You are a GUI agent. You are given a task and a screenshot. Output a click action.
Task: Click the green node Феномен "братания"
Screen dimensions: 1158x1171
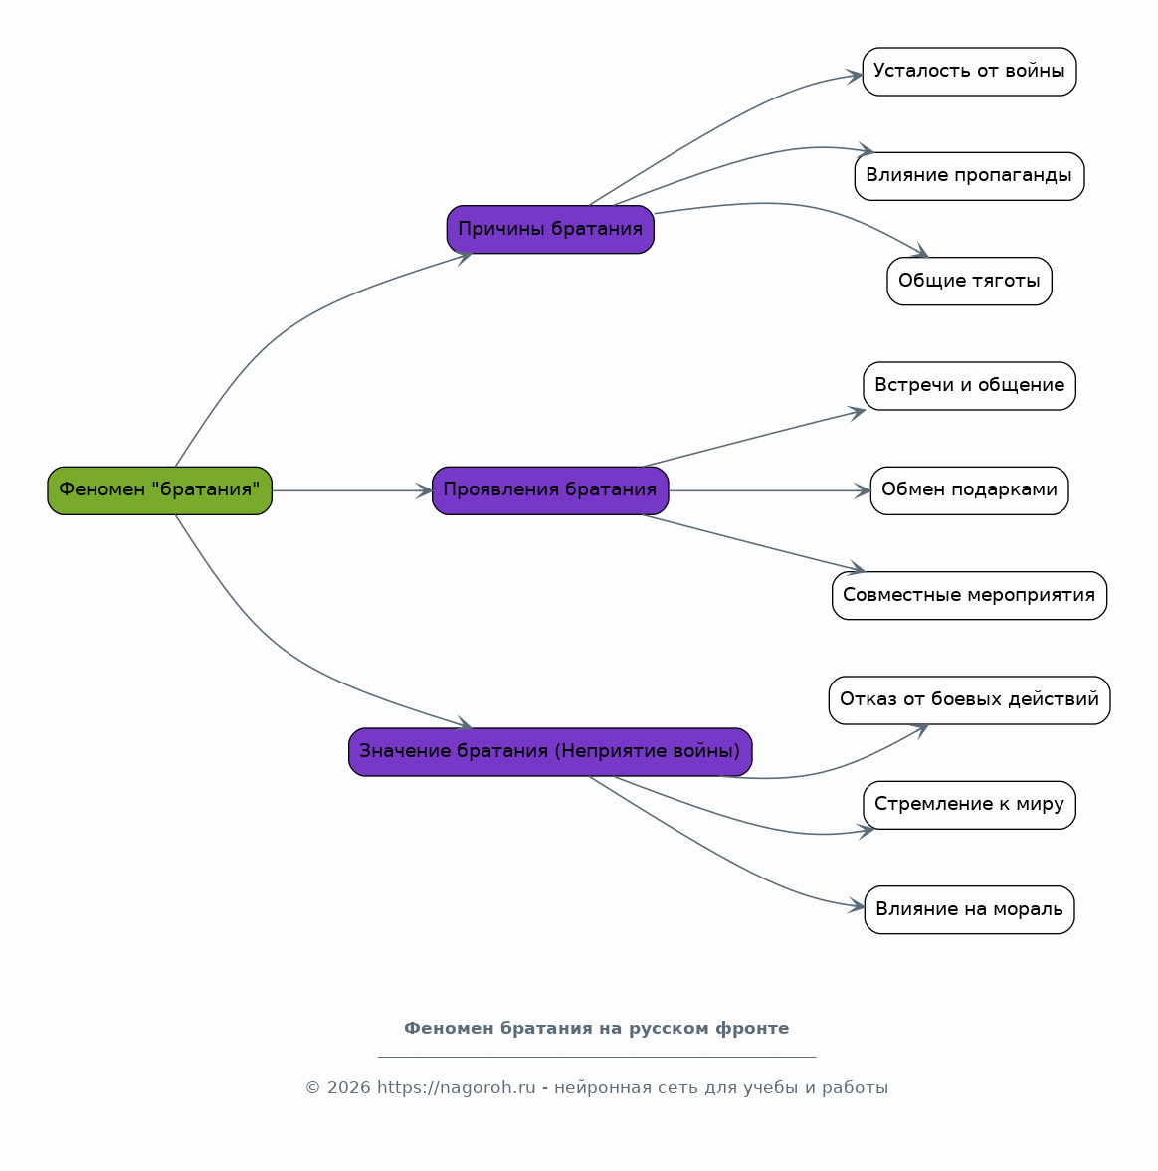point(160,490)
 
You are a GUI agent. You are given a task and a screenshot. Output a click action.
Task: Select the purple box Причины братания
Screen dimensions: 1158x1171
point(550,229)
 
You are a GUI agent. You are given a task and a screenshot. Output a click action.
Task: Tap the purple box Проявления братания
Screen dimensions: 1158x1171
point(550,490)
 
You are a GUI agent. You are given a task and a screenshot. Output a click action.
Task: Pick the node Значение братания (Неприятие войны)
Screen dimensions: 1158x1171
point(550,752)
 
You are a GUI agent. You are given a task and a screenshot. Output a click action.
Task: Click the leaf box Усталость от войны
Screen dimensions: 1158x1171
point(969,72)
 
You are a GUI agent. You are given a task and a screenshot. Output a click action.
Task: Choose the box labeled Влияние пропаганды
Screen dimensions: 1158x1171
point(969,176)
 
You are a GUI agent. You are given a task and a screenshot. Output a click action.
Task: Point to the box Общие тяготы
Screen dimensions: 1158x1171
point(969,281)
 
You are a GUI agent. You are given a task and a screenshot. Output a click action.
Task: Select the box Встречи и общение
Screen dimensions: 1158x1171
point(969,386)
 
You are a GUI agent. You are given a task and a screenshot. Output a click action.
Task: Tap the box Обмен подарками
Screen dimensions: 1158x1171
point(969,490)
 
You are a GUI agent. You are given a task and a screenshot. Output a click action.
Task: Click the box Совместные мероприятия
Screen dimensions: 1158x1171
point(969,595)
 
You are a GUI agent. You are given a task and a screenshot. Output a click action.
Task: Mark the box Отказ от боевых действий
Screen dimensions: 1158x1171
point(969,700)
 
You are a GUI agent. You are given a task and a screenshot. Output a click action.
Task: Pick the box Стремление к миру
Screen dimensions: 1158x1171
point(969,805)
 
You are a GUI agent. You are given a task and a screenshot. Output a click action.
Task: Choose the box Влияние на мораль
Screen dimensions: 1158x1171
point(969,909)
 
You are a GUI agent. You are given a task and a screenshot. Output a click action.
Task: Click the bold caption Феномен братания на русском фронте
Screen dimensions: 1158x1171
point(597,1029)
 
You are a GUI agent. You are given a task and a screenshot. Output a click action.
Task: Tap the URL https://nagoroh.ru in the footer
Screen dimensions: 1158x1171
point(457,1088)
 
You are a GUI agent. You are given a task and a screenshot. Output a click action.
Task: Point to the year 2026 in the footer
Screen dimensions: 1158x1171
point(348,1088)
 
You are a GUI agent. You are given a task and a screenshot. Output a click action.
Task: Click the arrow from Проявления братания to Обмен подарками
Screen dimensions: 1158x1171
point(770,490)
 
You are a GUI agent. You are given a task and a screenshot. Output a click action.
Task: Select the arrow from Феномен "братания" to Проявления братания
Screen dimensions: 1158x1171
point(352,490)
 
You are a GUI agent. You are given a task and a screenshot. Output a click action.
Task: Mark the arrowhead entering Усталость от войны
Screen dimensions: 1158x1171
point(855,76)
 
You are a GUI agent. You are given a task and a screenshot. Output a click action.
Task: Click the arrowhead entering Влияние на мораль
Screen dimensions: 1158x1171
point(857,906)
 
